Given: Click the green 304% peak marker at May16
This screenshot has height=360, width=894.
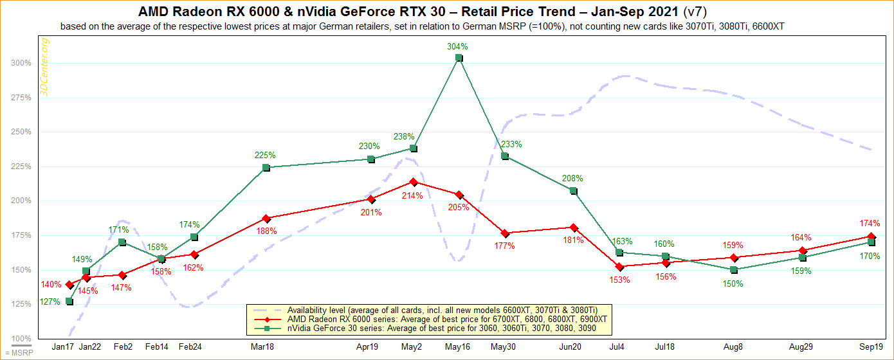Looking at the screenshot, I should click(459, 58).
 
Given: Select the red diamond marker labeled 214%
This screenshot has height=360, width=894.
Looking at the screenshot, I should click(414, 182).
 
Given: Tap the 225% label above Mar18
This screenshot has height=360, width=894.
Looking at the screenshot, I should click(265, 155).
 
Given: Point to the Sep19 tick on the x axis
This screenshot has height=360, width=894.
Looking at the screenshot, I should click(871, 346).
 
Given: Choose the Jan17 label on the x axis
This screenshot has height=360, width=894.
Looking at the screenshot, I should click(63, 346).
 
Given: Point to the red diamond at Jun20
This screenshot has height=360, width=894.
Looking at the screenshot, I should click(574, 228).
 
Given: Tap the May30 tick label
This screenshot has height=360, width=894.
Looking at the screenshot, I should click(505, 346).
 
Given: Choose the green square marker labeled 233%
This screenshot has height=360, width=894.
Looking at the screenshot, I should click(505, 156).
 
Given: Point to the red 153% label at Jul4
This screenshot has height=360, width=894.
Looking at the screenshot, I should click(620, 280).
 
